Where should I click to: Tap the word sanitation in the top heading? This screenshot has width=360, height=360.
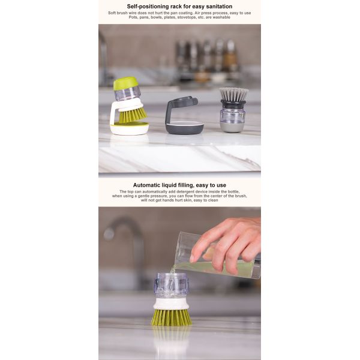pos(215,6)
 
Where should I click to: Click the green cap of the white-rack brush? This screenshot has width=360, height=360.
pos(125,83)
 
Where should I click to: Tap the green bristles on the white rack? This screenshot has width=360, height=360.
pos(133,114)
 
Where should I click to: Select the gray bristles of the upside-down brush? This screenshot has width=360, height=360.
pos(233,94)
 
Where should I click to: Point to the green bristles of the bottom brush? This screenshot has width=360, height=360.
pos(171,317)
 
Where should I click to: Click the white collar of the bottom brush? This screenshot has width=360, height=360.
pos(171,304)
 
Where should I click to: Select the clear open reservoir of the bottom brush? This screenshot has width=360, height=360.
pos(171,284)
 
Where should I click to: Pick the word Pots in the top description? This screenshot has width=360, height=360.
pos(133,17)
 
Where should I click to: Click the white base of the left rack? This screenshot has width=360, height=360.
pos(130,128)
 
